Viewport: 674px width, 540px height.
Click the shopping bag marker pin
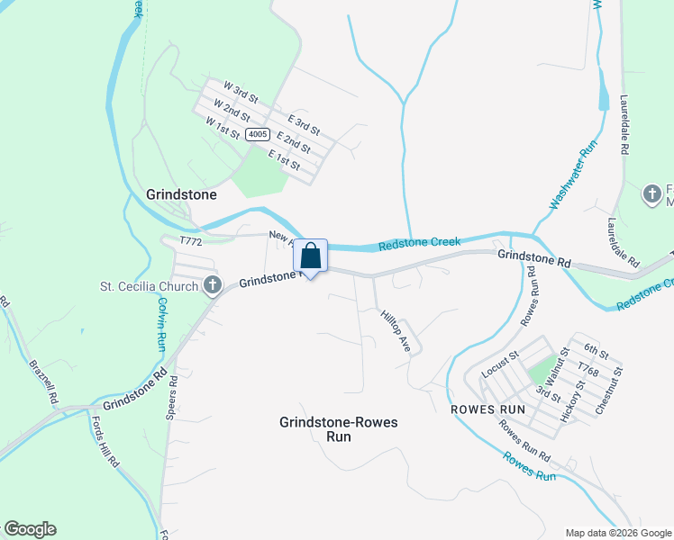point(310,256)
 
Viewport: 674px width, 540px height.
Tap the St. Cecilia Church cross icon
point(212,286)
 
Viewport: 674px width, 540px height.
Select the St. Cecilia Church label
point(150,288)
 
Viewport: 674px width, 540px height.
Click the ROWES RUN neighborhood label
point(487,408)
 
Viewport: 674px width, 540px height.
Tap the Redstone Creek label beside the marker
point(419,242)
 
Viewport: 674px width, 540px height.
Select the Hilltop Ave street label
point(396,331)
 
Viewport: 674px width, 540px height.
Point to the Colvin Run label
point(158,323)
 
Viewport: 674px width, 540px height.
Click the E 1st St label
point(283,160)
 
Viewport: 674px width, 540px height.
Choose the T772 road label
point(190,241)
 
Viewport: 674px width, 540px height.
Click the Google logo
point(30,529)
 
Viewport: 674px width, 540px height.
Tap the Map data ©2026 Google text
point(617,533)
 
